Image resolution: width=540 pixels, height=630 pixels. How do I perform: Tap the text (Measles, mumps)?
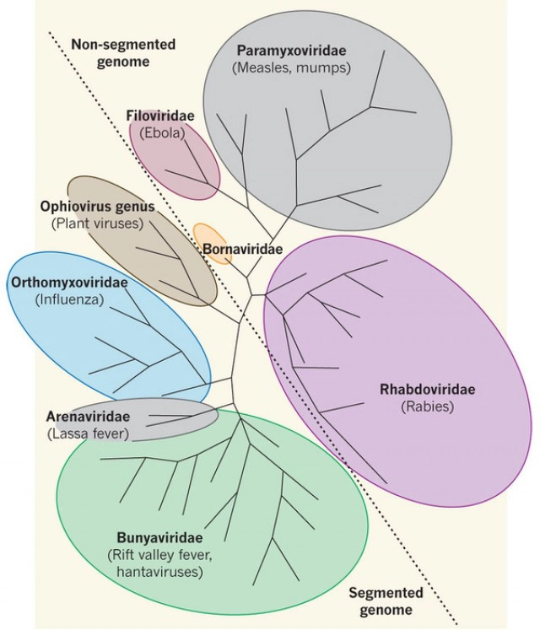[292, 67]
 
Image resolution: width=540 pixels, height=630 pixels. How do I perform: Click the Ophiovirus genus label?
[90, 207]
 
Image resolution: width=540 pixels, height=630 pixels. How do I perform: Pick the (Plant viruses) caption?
[97, 223]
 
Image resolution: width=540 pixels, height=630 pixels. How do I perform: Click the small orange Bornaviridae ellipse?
[211, 240]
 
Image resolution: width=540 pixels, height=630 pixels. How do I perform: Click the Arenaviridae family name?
[88, 417]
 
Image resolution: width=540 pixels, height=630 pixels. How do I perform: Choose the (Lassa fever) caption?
[88, 433]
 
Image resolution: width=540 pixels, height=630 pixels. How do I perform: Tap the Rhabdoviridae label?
[428, 390]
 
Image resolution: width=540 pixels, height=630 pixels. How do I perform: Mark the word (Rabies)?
[428, 406]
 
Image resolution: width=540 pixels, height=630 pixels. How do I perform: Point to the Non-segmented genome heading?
[111, 53]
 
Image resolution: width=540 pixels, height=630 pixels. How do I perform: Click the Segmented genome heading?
[386, 600]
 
